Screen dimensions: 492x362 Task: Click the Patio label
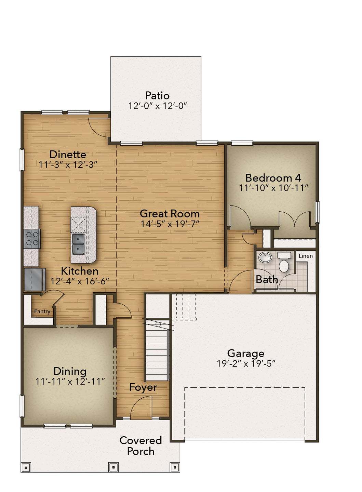click(157, 95)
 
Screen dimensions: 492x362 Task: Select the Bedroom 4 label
click(273, 178)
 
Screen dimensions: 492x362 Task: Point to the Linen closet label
click(306, 256)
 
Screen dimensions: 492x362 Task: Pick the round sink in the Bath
click(265, 257)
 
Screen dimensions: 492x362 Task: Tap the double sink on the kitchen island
click(78, 244)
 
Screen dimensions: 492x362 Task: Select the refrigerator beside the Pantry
click(35, 279)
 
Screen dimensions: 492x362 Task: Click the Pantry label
click(42, 311)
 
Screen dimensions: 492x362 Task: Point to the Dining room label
click(70, 371)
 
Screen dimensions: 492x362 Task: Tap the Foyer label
click(143, 387)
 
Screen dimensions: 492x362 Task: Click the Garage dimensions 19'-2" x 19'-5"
click(246, 364)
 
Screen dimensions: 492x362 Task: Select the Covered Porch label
click(140, 446)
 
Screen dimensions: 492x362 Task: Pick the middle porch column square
click(113, 467)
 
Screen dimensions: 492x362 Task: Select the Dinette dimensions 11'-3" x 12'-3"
click(68, 165)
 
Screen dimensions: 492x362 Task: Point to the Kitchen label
click(80, 271)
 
